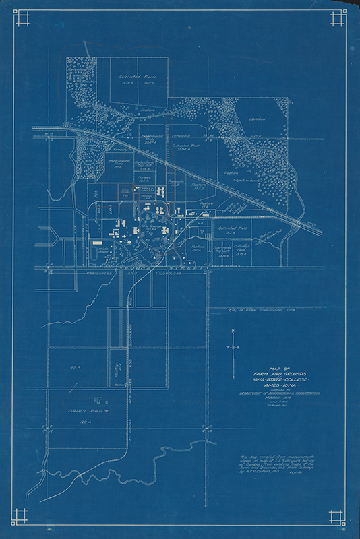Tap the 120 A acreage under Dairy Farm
click(x=85, y=421)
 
